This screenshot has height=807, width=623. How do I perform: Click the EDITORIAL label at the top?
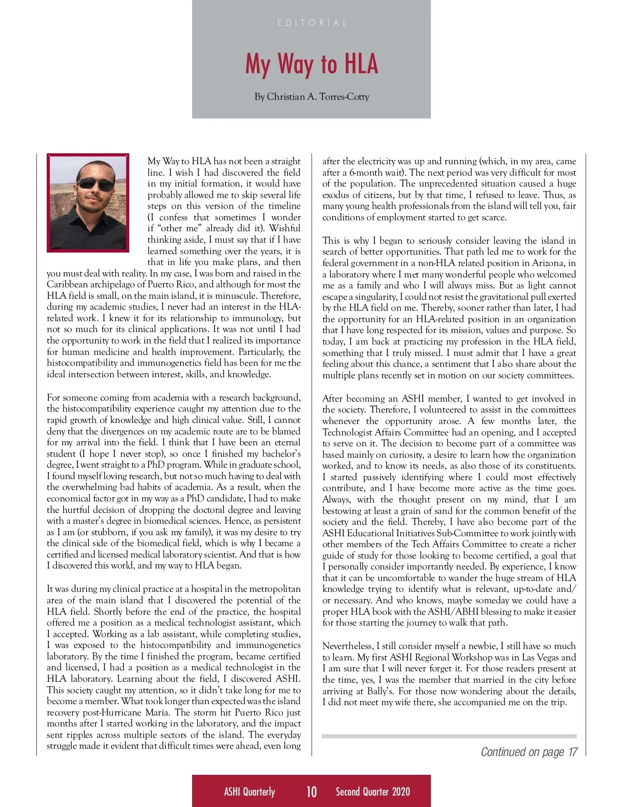click(311, 23)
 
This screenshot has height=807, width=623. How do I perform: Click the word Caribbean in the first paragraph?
click(66, 285)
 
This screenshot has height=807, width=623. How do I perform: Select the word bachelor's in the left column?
click(281, 454)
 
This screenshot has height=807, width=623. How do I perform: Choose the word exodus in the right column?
click(335, 195)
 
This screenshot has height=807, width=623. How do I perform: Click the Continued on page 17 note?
click(529, 752)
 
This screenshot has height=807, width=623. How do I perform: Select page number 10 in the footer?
click(311, 791)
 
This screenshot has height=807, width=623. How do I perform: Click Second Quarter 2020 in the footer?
click(373, 791)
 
